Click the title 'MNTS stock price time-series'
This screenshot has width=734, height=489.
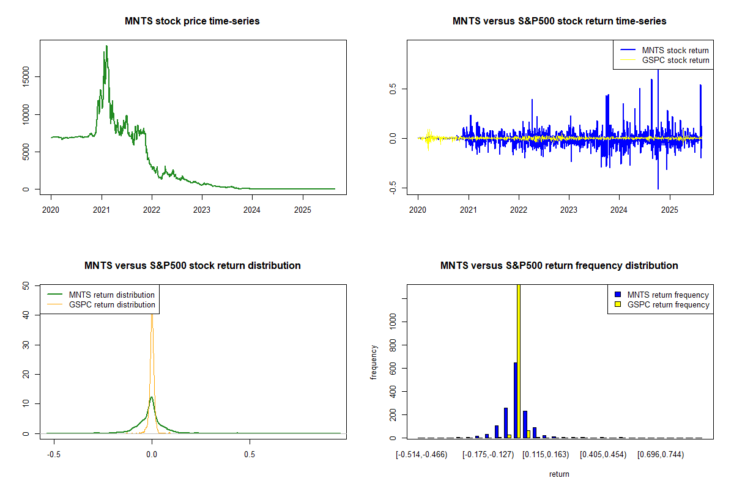pos(192,21)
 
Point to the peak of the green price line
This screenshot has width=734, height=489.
pos(106,46)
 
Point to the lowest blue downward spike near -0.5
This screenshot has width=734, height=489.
pos(658,188)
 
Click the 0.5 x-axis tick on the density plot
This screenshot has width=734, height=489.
pos(249,454)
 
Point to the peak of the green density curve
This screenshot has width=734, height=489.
pos(152,397)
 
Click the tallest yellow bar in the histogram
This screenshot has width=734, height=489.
pos(519,361)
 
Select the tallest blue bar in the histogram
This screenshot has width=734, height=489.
pos(515,400)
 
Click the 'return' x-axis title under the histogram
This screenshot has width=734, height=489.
pos(559,474)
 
